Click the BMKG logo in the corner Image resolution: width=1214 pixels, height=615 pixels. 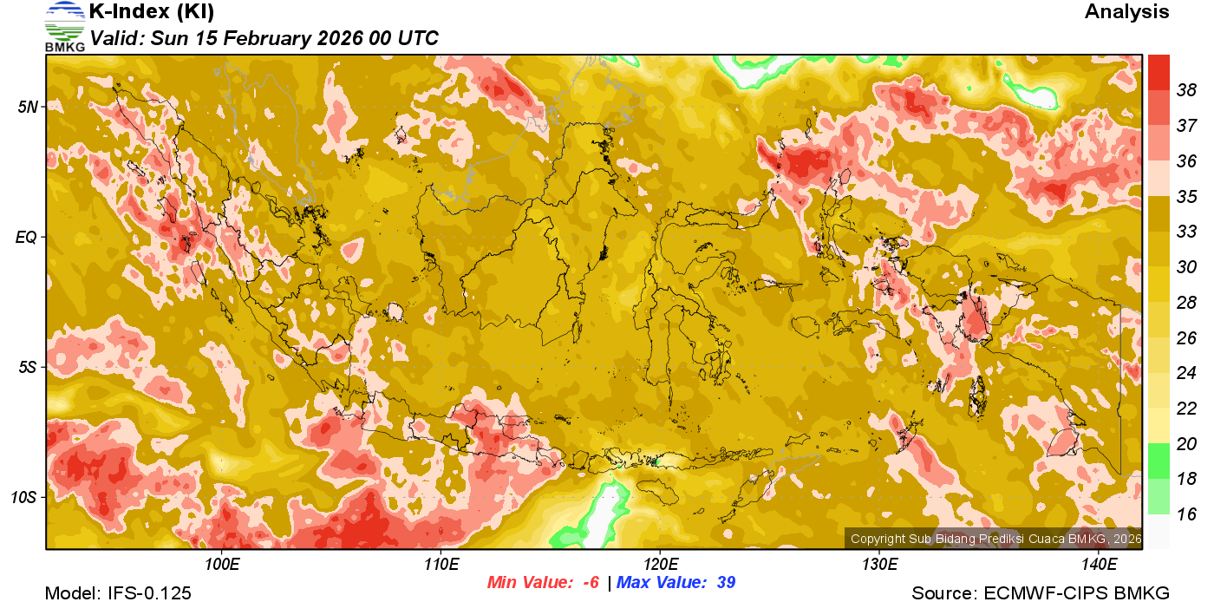[64, 27]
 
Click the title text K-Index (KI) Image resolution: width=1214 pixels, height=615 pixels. [152, 12]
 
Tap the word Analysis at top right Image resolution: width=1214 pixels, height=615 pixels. [1126, 12]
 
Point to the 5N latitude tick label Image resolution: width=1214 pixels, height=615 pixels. [29, 107]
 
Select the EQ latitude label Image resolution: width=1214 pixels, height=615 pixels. [27, 237]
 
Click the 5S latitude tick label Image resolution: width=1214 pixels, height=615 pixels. [29, 367]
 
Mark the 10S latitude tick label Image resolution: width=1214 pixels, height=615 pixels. [25, 497]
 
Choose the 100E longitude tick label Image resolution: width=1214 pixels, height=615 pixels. [222, 565]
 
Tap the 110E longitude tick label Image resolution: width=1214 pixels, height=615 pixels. [441, 565]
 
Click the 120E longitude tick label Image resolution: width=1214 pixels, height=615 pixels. [660, 565]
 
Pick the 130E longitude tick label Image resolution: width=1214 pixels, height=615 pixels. [879, 565]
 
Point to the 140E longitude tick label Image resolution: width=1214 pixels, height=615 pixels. [1099, 565]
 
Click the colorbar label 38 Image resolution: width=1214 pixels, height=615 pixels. [1186, 90]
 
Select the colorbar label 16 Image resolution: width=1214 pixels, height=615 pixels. [1186, 514]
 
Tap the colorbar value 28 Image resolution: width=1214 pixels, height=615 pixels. [1186, 302]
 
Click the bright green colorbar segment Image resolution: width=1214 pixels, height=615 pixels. [1159, 461]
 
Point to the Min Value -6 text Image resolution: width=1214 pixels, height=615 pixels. [543, 583]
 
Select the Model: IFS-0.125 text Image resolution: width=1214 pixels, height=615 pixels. [118, 593]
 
